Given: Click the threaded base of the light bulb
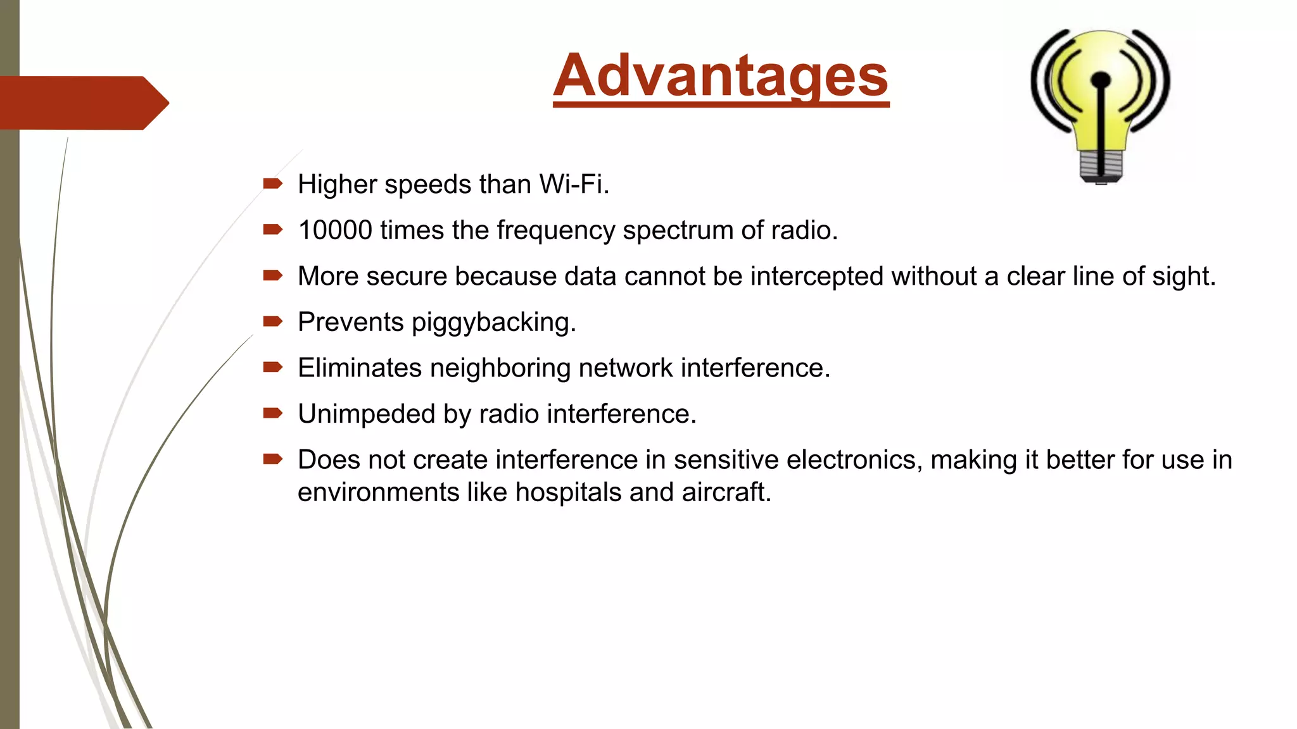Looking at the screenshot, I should tap(1101, 166).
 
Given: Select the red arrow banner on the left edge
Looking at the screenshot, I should tap(82, 103).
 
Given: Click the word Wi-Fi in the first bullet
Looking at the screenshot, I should tap(574, 185).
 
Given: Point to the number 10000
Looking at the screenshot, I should tap(335, 230).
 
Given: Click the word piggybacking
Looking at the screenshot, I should tap(493, 323).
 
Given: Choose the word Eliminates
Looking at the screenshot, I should tap(360, 368).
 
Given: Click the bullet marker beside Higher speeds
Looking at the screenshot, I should tap(272, 184).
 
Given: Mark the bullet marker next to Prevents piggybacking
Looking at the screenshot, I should tap(272, 321).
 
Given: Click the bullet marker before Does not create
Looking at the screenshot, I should tap(272, 459).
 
